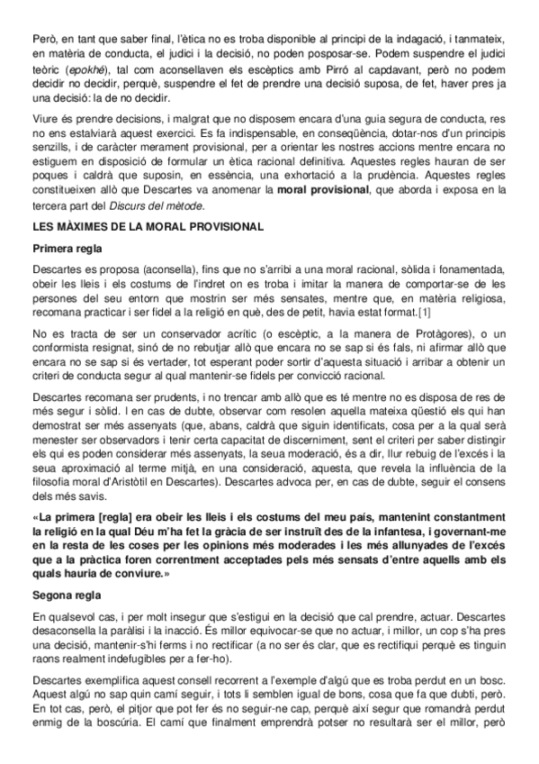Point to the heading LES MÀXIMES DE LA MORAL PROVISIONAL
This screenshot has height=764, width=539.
tap(148, 227)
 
